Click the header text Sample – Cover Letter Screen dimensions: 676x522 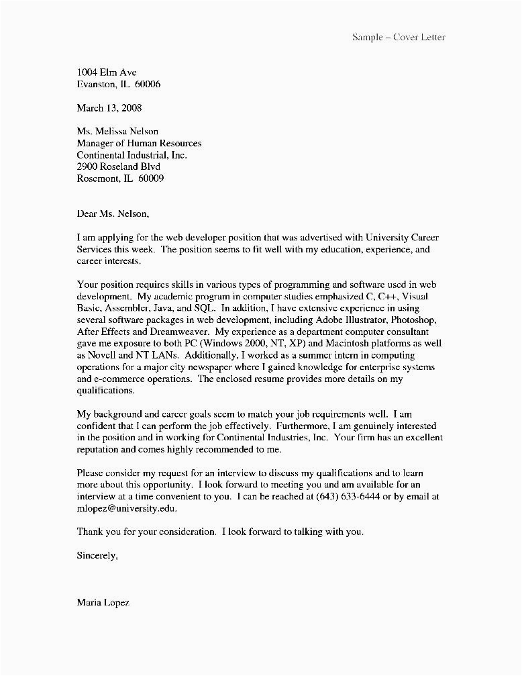coord(399,37)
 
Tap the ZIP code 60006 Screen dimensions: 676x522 coord(148,85)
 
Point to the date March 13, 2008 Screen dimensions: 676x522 coord(109,107)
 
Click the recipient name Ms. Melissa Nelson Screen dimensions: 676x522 coord(117,132)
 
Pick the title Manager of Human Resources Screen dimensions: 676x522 coord(139,143)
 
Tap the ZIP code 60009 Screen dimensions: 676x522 coord(151,179)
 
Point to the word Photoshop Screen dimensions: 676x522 coord(405,319)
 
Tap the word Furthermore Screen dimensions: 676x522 coord(308,426)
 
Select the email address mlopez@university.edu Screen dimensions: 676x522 coord(128,509)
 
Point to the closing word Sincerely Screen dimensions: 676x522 coord(97,555)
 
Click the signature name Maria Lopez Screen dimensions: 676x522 coord(103,602)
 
